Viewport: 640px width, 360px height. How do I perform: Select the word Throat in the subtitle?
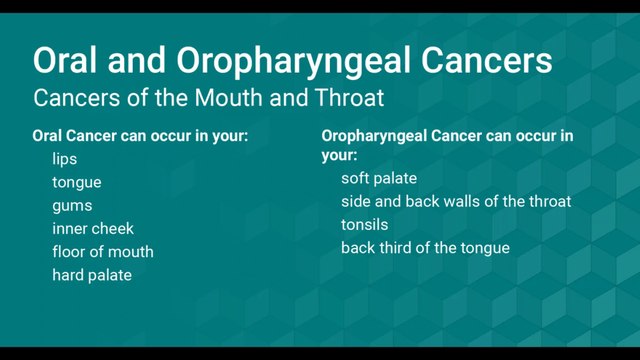345,99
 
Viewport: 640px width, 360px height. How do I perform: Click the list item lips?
65,159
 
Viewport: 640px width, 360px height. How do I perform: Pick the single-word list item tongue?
77,182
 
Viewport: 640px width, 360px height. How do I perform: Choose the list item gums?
72,205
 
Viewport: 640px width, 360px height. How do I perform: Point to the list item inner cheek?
93,228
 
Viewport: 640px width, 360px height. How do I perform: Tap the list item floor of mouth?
103,251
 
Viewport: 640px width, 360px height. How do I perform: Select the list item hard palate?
92,274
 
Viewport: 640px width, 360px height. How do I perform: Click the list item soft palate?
379,178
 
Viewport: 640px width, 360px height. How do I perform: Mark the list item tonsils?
364,224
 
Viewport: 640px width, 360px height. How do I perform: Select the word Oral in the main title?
67,60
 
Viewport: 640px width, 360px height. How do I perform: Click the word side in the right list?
356,201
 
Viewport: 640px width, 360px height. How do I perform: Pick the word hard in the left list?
69,274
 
